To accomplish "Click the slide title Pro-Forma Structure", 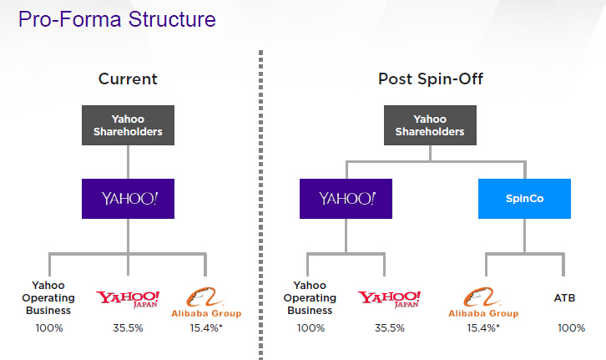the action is coord(117,19).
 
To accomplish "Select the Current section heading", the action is coord(128,79).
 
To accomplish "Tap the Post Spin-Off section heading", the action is coord(431,79).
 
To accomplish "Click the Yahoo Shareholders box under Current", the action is coord(128,125).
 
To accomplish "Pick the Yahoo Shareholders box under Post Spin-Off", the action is coord(430,125).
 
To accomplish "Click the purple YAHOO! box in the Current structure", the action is coord(128,199).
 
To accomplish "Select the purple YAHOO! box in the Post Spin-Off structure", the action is coord(346,199).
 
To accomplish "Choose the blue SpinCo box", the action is coord(524,199).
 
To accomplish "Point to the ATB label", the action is coord(564,298).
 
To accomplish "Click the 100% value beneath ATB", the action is coord(571,328).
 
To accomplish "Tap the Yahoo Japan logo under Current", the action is coord(128,299).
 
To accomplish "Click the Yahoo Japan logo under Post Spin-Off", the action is coord(389,299).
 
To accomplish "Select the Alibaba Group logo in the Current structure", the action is coord(206,302).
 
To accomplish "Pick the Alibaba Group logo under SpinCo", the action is coord(483,302).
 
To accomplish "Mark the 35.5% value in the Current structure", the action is coord(128,328).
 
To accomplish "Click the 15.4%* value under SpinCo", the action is coord(483,328).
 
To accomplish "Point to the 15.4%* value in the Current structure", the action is coord(206,328).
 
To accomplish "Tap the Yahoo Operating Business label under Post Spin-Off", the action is coord(310,297).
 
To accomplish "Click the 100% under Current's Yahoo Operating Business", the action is coord(49,328).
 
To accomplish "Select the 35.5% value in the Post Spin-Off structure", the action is coord(389,328).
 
